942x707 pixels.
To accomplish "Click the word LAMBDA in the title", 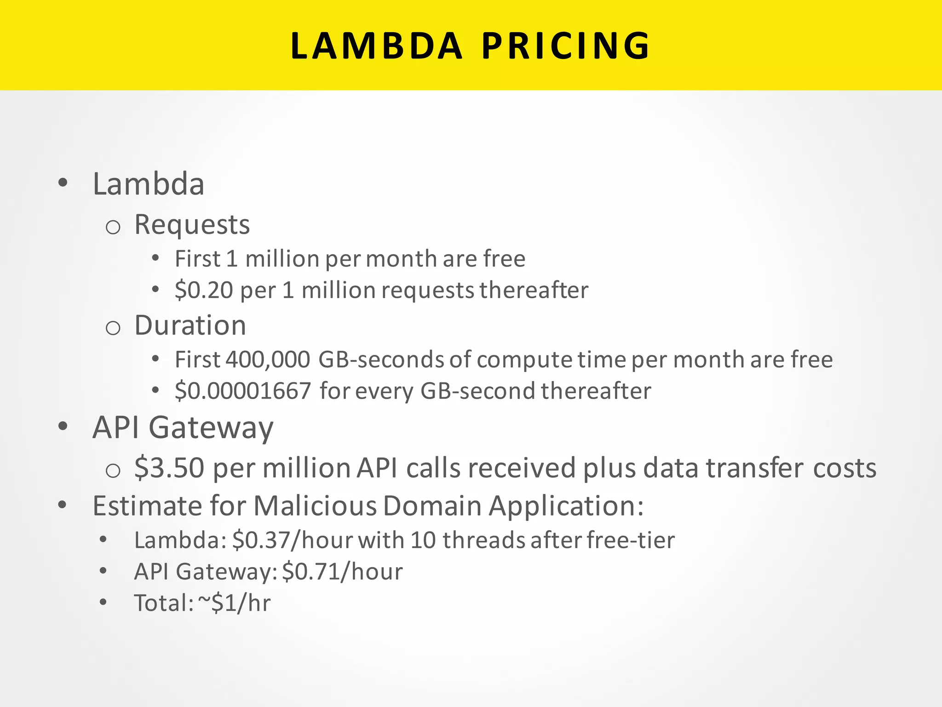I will (x=376, y=46).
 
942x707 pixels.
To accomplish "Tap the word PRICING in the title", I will (x=566, y=46).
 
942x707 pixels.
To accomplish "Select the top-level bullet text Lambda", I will (x=149, y=184).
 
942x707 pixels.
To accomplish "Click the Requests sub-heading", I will (x=192, y=225).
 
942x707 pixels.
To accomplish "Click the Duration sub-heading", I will (x=190, y=325).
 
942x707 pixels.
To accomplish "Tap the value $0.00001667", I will (x=243, y=391).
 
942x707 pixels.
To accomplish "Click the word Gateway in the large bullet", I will (x=211, y=428).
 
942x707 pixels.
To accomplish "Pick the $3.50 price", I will (x=169, y=468).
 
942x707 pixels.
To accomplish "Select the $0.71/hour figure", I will (x=342, y=572).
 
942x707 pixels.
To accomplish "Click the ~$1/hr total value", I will (x=235, y=603).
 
